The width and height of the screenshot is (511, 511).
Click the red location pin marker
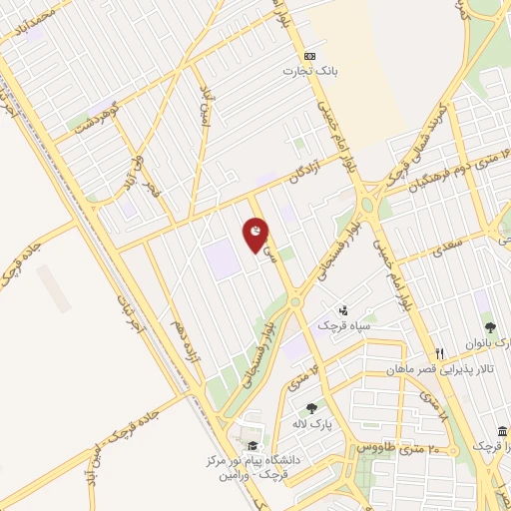click(256, 235)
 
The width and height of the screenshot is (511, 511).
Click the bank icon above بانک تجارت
click(310, 56)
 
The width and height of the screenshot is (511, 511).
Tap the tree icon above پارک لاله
click(311, 407)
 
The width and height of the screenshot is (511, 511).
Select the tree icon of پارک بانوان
click(489, 326)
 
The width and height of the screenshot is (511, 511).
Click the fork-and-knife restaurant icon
click(439, 353)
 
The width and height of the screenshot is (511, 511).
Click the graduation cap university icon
click(251, 445)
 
